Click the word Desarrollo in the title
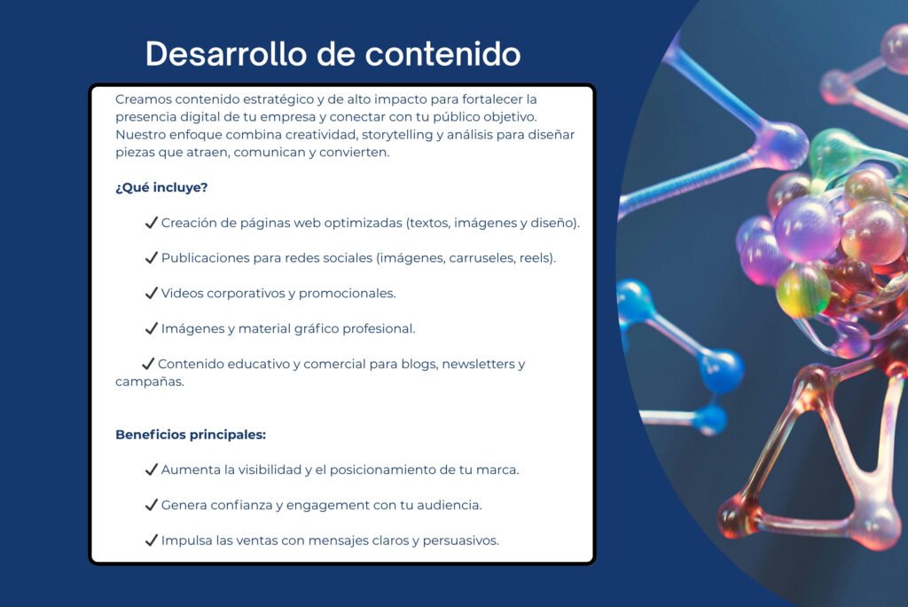click(226, 54)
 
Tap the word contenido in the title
click(443, 54)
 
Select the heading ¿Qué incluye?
click(161, 188)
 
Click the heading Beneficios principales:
click(191, 435)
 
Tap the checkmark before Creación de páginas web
click(151, 223)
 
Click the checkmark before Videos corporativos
click(151, 294)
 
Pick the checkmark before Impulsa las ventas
click(151, 540)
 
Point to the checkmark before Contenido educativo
click(148, 364)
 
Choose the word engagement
click(327, 506)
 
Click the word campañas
click(148, 382)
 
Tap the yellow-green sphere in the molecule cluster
click(803, 291)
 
